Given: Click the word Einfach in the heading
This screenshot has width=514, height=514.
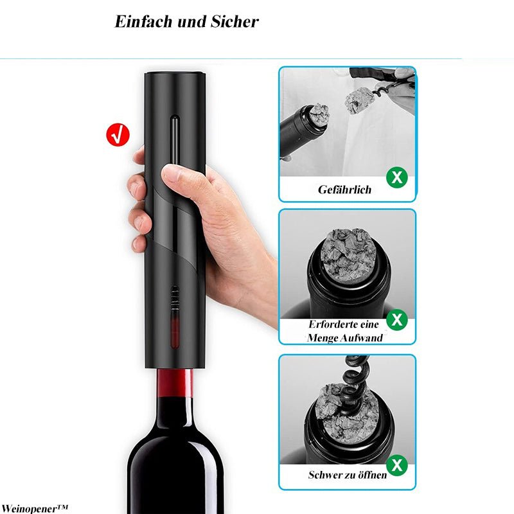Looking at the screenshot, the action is pos(143,22).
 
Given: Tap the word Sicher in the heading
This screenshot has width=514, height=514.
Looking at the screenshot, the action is pos(235,22).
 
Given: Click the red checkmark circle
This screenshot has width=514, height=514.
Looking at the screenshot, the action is pos(118,135).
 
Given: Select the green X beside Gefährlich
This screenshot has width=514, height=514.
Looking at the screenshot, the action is pos(397,177).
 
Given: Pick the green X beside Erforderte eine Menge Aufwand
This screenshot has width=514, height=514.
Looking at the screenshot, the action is pos(397,319).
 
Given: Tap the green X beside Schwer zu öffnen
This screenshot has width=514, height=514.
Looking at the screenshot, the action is pos(397,465).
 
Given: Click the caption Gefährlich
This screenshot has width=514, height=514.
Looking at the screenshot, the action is pos(344,190).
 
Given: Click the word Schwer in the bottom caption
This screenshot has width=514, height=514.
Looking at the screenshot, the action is pos(326,475).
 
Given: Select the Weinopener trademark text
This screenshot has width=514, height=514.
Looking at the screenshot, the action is pos(34,509).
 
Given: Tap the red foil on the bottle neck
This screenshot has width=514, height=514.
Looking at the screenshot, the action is pos(175,382).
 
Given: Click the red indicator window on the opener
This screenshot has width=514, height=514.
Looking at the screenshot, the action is pos(175,330).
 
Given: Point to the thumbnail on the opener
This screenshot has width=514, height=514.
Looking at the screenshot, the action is pos(171,174).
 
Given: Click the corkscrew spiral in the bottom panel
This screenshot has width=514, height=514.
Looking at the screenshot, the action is pos(353,387).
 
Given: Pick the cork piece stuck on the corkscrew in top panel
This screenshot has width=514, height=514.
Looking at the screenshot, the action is pos(359,100).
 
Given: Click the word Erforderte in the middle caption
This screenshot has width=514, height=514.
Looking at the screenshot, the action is pos(329,324).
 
